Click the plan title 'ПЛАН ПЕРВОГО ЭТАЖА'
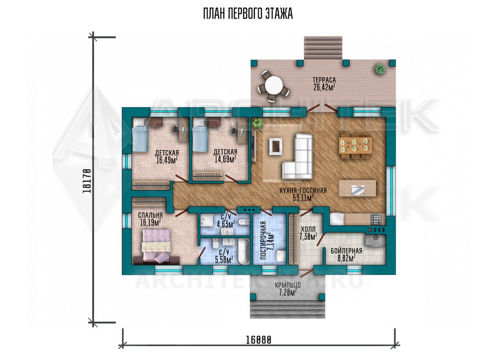[x=248, y=14]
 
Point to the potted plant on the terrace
[x=380, y=69]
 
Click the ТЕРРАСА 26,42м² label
[x=324, y=84]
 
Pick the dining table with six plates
[x=355, y=145]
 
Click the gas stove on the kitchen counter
[x=376, y=219]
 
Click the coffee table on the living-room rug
[x=276, y=146]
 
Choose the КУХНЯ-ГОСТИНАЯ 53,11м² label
[x=303, y=194]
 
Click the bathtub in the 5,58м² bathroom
[x=244, y=251]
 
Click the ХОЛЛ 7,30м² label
[x=308, y=233]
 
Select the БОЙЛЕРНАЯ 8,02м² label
[x=346, y=255]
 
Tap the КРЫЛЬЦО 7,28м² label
[x=288, y=289]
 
